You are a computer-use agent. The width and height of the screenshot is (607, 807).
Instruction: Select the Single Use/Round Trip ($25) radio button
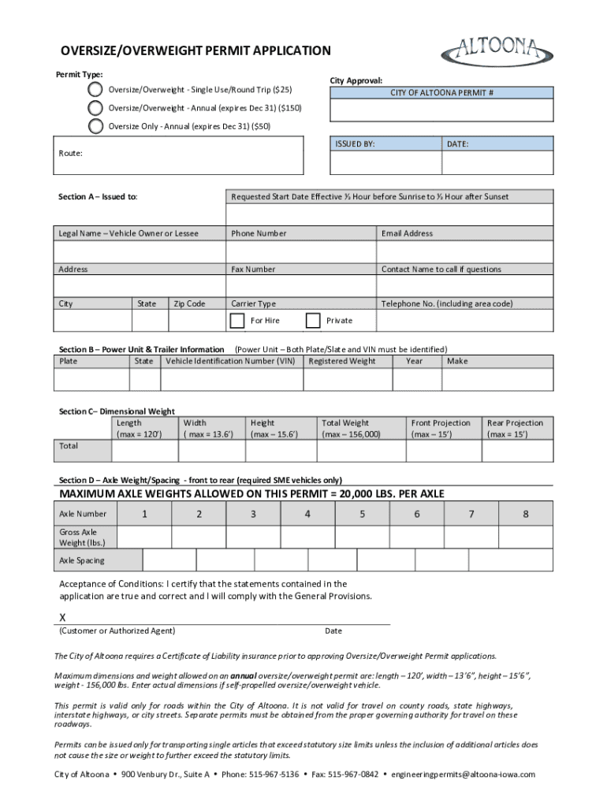(95, 89)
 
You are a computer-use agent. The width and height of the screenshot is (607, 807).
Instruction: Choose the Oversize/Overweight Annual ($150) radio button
(95, 107)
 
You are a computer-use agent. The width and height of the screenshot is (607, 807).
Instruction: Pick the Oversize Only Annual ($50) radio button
(95, 125)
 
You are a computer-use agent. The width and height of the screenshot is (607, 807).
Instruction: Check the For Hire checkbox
(237, 320)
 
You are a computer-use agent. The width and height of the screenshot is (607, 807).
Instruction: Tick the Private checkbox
(313, 320)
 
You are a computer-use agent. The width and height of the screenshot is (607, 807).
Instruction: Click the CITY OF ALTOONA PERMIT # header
(441, 93)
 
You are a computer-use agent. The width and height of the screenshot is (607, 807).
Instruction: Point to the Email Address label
(407, 233)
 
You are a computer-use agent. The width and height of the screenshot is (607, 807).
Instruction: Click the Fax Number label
(253, 270)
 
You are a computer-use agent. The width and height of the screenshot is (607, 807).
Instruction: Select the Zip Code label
(189, 304)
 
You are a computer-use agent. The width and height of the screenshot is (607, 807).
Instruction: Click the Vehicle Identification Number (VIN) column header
(230, 361)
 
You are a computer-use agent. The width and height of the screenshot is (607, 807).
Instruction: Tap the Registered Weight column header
(342, 361)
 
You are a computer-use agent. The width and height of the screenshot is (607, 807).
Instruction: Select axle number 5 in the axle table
(362, 515)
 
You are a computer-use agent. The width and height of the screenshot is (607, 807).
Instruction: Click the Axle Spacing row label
(82, 560)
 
